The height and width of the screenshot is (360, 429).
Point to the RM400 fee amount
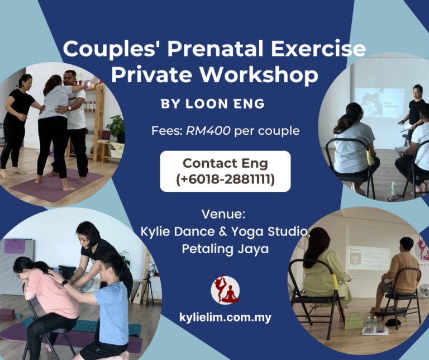click(209, 131)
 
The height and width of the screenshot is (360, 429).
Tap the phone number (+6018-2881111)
click(225, 180)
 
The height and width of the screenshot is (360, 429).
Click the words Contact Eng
click(225, 163)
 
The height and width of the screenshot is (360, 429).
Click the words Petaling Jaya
click(225, 249)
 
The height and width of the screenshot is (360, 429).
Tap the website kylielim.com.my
click(225, 318)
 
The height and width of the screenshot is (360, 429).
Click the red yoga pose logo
click(225, 289)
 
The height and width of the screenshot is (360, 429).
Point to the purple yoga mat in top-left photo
click(56, 184)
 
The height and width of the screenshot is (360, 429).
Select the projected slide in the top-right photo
click(380, 103)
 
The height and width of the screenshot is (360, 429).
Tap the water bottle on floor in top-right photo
click(394, 189)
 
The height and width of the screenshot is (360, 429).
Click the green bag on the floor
click(353, 320)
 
